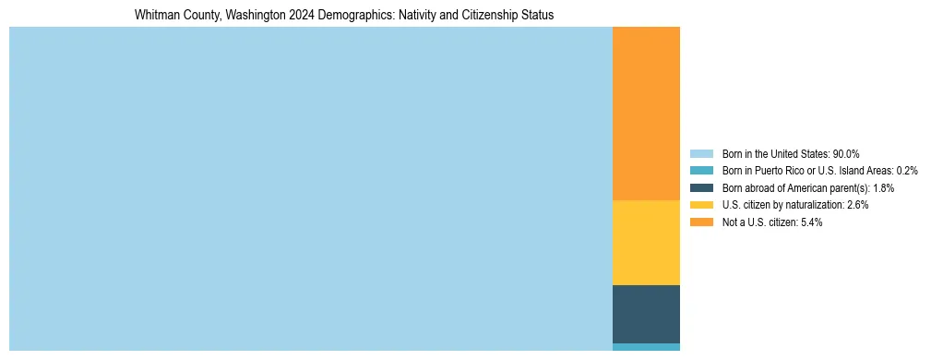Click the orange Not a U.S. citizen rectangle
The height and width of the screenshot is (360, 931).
click(646, 113)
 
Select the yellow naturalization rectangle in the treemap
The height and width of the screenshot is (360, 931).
click(646, 243)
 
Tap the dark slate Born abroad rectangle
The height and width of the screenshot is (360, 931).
click(646, 314)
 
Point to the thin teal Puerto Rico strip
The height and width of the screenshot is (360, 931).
click(646, 347)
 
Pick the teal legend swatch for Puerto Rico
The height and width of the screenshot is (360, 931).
click(701, 171)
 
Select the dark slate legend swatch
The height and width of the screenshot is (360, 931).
click(701, 188)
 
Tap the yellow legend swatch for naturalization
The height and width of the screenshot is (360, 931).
click(701, 205)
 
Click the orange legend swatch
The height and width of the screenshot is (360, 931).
click(701, 222)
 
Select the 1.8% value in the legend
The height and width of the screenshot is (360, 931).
click(881, 188)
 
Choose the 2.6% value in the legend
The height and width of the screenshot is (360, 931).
click(856, 205)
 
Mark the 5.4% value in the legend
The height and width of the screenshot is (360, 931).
click(810, 222)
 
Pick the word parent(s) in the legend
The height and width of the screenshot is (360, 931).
click(848, 188)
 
